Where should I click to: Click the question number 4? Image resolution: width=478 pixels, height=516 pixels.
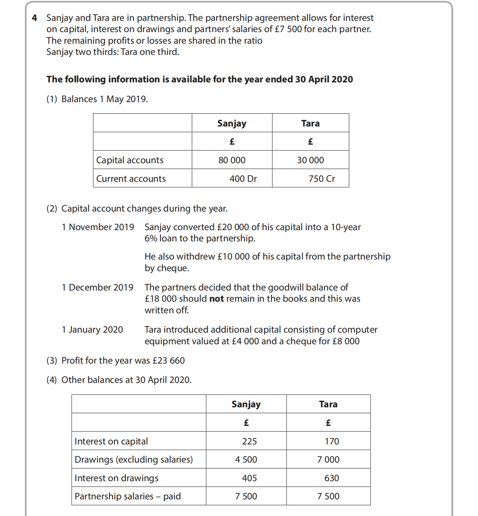(34, 18)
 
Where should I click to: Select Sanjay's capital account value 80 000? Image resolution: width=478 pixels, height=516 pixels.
(232, 160)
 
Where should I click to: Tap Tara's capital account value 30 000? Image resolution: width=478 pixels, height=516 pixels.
(310, 160)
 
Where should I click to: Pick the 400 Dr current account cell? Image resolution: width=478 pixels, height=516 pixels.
(243, 179)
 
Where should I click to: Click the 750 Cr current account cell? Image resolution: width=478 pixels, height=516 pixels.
(321, 179)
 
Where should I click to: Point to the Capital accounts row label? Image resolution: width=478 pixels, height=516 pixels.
(130, 160)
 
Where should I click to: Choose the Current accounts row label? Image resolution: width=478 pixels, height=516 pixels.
(131, 179)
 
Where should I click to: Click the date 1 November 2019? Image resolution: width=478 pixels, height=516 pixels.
(98, 227)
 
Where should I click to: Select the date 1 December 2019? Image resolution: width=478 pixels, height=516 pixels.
(97, 287)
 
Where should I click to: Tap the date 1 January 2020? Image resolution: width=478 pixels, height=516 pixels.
(92, 330)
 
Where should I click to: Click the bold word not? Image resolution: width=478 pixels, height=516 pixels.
(216, 299)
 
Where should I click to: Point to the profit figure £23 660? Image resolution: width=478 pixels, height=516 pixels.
(169, 361)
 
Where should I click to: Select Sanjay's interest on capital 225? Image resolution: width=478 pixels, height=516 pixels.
(249, 441)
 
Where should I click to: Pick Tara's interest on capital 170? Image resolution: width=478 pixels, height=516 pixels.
(331, 441)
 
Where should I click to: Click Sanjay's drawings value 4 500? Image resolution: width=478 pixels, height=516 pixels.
(246, 460)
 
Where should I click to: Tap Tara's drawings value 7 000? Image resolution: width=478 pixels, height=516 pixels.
(328, 460)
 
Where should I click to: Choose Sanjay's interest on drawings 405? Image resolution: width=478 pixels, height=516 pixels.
(249, 478)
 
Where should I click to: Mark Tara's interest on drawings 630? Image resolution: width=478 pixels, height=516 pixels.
(331, 478)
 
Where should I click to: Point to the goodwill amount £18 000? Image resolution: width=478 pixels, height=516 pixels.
(160, 299)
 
